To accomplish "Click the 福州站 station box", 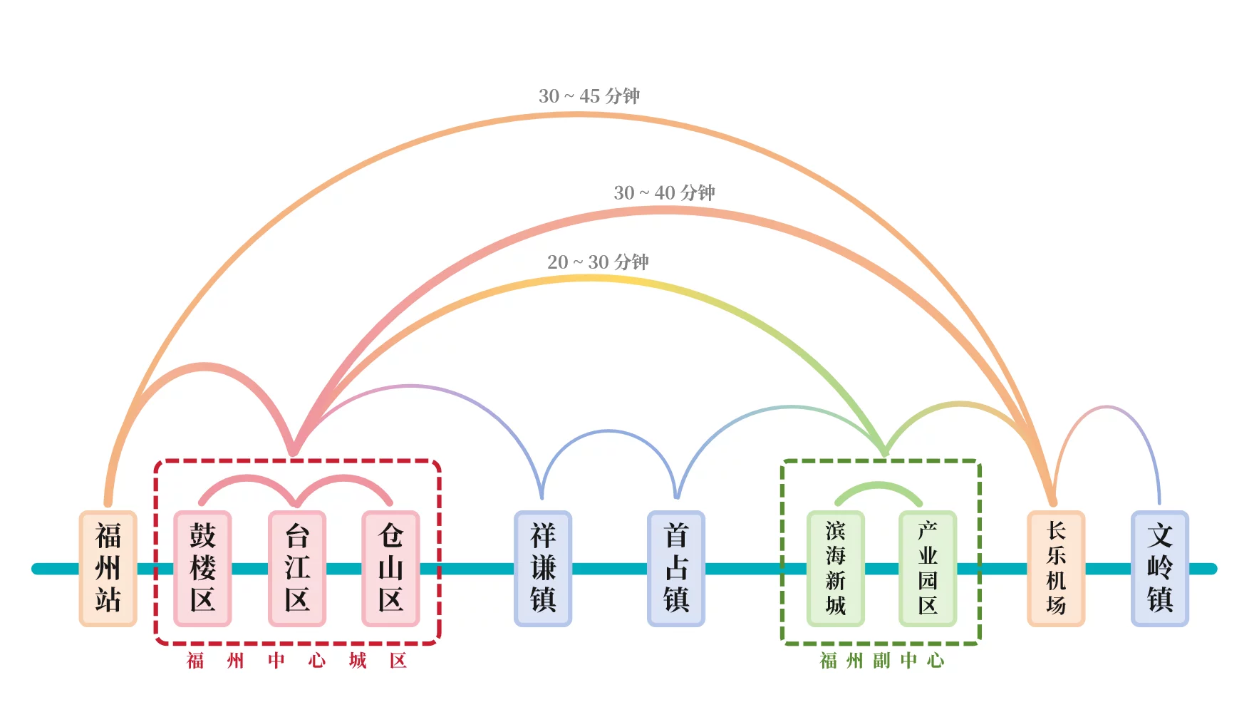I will (108, 568).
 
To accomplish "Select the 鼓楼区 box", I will (202, 568).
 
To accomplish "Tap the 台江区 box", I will (297, 568).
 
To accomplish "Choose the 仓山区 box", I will (390, 568).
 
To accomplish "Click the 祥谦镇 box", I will (543, 568).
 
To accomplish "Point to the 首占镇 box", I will (676, 568).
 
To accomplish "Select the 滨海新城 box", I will (836, 568).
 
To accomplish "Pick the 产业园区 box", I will (928, 568).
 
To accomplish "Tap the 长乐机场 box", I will (1056, 568).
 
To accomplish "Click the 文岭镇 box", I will (1160, 568).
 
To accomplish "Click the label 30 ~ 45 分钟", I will (589, 96).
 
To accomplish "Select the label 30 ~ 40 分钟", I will (664, 192).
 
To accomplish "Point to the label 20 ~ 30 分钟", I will (598, 262).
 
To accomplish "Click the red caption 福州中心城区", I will (296, 661).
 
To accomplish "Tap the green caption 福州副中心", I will (882, 661).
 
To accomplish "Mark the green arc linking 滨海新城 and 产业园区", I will (879, 485).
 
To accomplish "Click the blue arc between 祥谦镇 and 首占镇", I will (608, 431).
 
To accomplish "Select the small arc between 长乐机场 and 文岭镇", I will (1107, 408).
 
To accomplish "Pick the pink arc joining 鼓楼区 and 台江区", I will (247, 478).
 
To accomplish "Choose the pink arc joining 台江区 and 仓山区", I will (344, 478).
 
